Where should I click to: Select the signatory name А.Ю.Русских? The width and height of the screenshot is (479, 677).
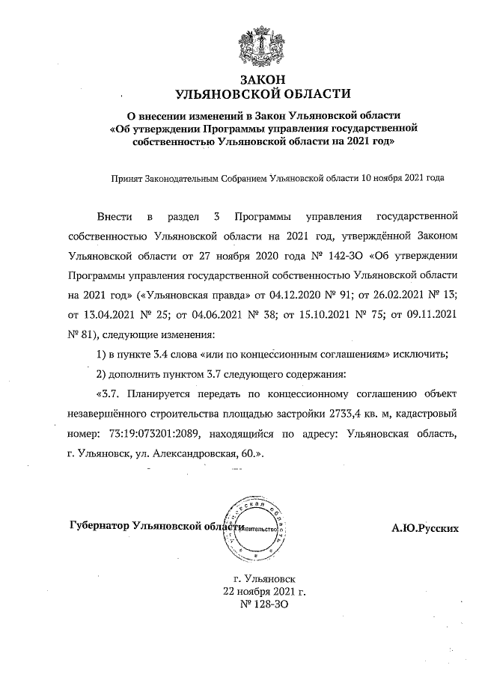pos(425,528)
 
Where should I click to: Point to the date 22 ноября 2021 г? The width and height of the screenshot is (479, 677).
pos(260,590)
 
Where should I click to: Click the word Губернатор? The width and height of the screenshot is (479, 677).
pos(99,527)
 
